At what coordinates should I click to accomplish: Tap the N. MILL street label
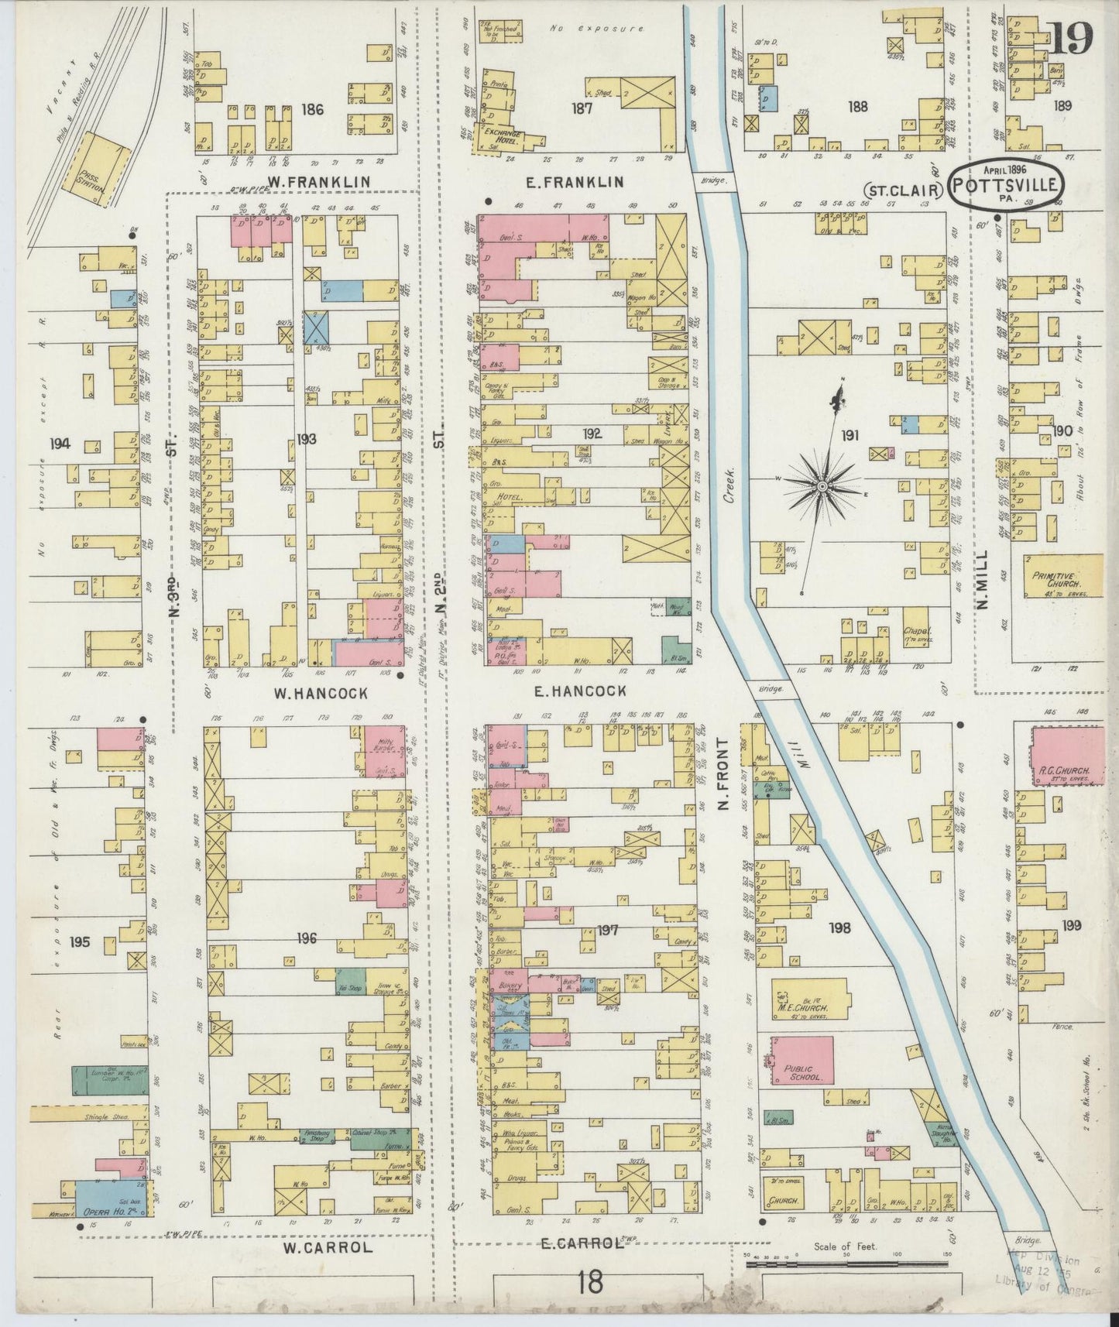pyautogui.click(x=983, y=581)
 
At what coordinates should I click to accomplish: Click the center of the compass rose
pyautogui.click(x=821, y=485)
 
